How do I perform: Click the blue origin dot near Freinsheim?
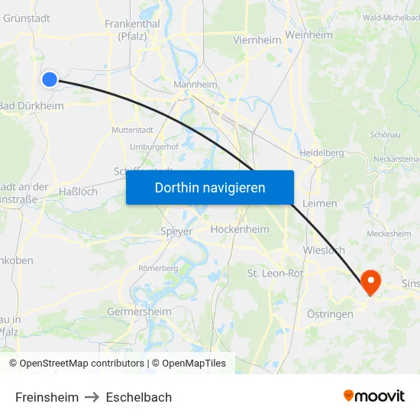pyautogui.click(x=50, y=79)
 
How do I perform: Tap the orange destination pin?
pyautogui.click(x=370, y=283)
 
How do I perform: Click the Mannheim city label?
pyautogui.click(x=195, y=85)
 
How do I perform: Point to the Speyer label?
pyautogui.click(x=176, y=231)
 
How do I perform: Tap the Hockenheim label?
pyautogui.click(x=239, y=228)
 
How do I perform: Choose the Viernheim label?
pyautogui.click(x=257, y=40)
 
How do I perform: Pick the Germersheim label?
pyautogui.click(x=139, y=312)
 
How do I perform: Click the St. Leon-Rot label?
pyautogui.click(x=276, y=273)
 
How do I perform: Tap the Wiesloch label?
pyautogui.click(x=324, y=250)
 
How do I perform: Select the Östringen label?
pyautogui.click(x=330, y=314)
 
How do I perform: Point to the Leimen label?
pyautogui.click(x=319, y=203)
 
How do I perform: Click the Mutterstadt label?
pyautogui.click(x=133, y=130)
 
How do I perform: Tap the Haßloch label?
pyautogui.click(x=79, y=192)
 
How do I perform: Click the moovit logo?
pyautogui.click(x=374, y=396)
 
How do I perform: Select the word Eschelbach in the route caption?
pyautogui.click(x=139, y=397)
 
